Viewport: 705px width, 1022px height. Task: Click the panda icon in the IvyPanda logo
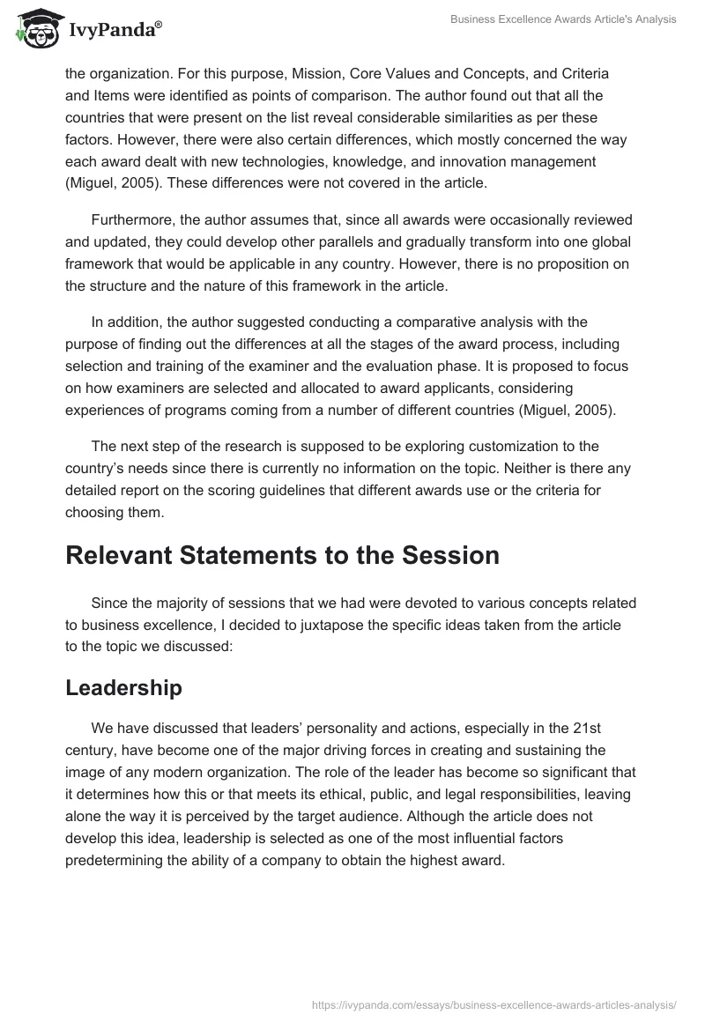pyautogui.click(x=35, y=29)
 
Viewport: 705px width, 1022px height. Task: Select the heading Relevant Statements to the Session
pyautogui.click(x=282, y=556)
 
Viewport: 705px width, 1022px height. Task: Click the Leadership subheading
pyautogui.click(x=123, y=688)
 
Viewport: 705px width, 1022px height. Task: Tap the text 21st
pyautogui.click(x=614, y=729)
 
